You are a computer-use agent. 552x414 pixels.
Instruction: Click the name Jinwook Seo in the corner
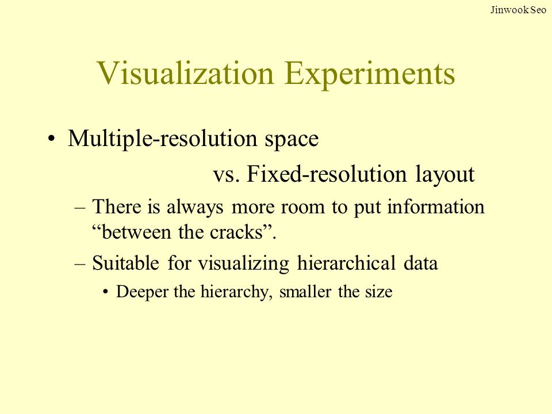pos(518,10)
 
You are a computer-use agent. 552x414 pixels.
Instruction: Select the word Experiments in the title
pos(370,75)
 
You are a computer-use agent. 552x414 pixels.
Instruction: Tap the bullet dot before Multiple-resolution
pos(51,139)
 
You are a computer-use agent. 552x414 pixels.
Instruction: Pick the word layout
pos(445,175)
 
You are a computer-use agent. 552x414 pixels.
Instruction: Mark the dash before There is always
pos(80,208)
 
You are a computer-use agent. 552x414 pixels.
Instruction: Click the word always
pos(195,208)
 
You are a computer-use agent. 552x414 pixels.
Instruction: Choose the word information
pos(436,206)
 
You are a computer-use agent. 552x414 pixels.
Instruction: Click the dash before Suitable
pos(80,264)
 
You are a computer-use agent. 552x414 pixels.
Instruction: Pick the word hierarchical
pos(346,263)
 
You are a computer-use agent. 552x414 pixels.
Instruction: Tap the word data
pos(421,264)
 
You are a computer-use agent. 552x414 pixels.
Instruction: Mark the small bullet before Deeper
pos(105,293)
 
